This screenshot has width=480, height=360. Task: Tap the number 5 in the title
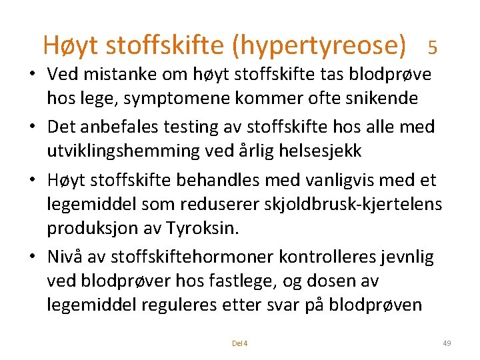433,47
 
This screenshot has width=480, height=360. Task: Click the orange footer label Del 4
239,343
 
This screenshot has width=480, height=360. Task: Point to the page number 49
447,343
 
